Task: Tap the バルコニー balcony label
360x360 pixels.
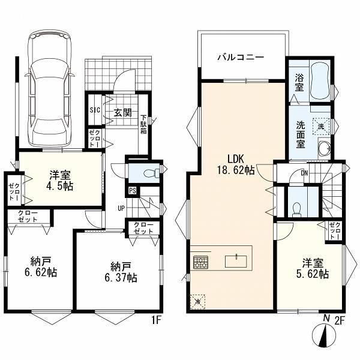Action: (x=241, y=57)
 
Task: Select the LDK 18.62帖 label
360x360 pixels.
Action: (x=236, y=164)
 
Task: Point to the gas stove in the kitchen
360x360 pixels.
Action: (x=200, y=262)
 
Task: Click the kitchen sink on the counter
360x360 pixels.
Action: (x=236, y=261)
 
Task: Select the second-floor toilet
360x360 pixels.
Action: (x=297, y=209)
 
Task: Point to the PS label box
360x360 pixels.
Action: (x=133, y=191)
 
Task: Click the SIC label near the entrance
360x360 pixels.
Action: (x=95, y=110)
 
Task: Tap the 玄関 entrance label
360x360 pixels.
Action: (x=123, y=113)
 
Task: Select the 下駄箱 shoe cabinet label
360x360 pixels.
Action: (x=144, y=124)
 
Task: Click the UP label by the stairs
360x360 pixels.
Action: (x=121, y=208)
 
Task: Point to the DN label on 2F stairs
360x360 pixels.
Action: (x=304, y=173)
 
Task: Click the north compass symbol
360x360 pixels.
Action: (x=325, y=335)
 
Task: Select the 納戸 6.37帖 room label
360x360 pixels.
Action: (x=121, y=272)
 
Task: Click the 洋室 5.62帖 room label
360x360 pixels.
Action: (x=313, y=268)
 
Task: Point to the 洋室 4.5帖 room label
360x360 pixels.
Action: (x=60, y=181)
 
